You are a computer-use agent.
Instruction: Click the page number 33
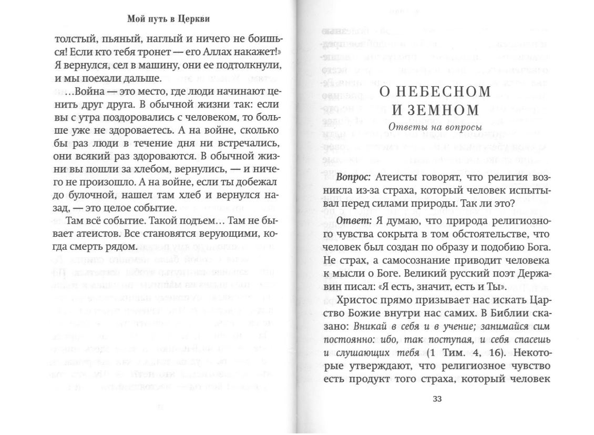437,398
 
